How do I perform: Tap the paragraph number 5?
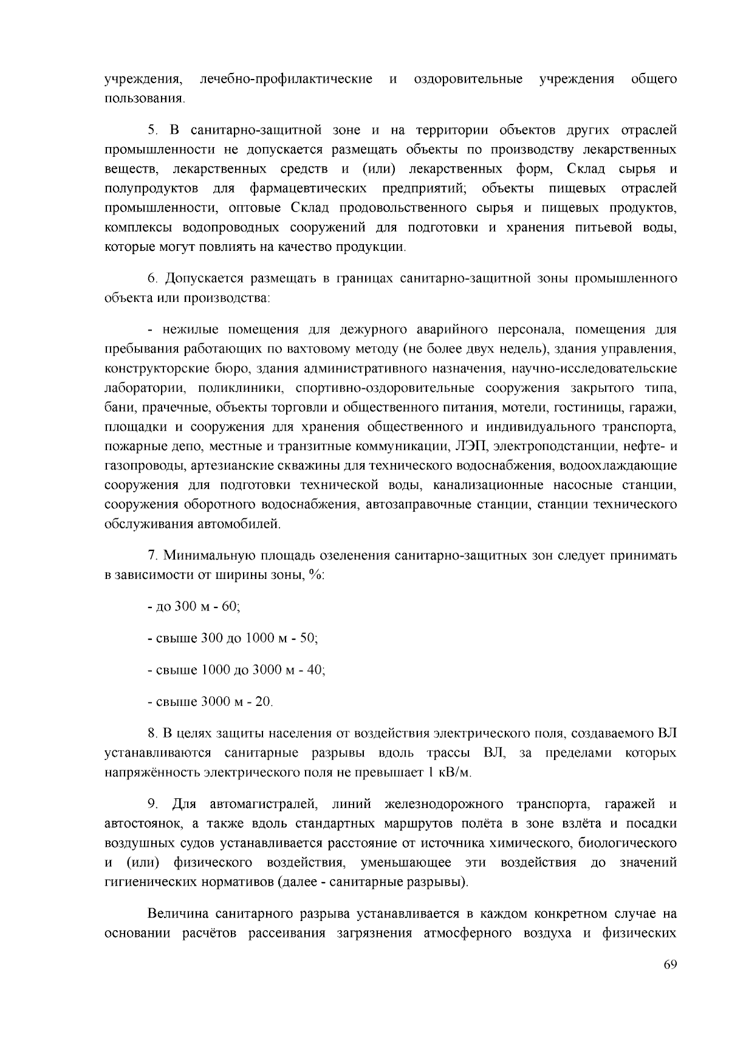(x=152, y=131)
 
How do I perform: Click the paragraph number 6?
(x=152, y=279)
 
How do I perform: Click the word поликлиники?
(x=239, y=388)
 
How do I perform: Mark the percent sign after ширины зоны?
(x=315, y=575)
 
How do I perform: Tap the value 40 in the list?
(x=317, y=670)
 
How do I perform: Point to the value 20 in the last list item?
(x=263, y=702)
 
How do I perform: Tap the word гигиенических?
(x=149, y=883)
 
